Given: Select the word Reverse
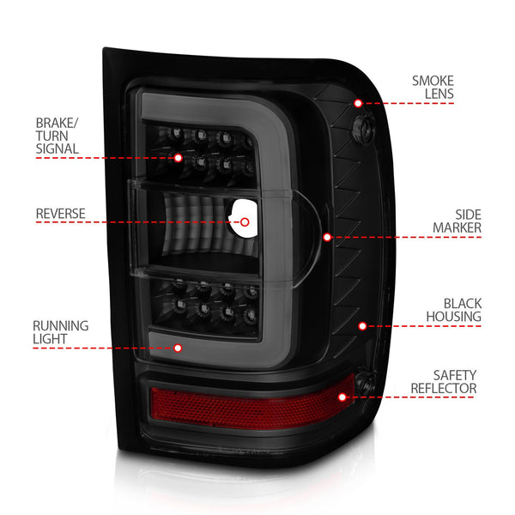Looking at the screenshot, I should pyautogui.click(x=61, y=213).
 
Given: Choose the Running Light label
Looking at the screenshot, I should pyautogui.click(x=60, y=332).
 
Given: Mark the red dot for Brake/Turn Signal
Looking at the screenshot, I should pyautogui.click(x=178, y=157).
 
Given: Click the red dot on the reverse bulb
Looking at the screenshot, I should pyautogui.click(x=244, y=221).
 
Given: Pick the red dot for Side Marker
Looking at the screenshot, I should pyautogui.click(x=327, y=236).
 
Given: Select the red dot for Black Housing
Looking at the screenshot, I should pyautogui.click(x=362, y=326).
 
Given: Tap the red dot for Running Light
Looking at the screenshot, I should pyautogui.click(x=178, y=348).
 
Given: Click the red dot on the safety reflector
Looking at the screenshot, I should pyautogui.click(x=342, y=397).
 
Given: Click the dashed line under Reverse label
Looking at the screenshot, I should pyautogui.click(x=129, y=222).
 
